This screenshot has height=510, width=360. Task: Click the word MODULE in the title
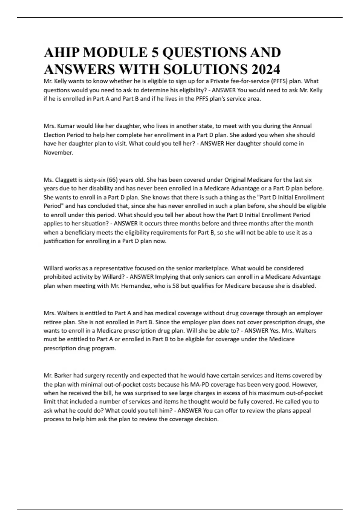(115, 52)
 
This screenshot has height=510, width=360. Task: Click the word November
(58, 152)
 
